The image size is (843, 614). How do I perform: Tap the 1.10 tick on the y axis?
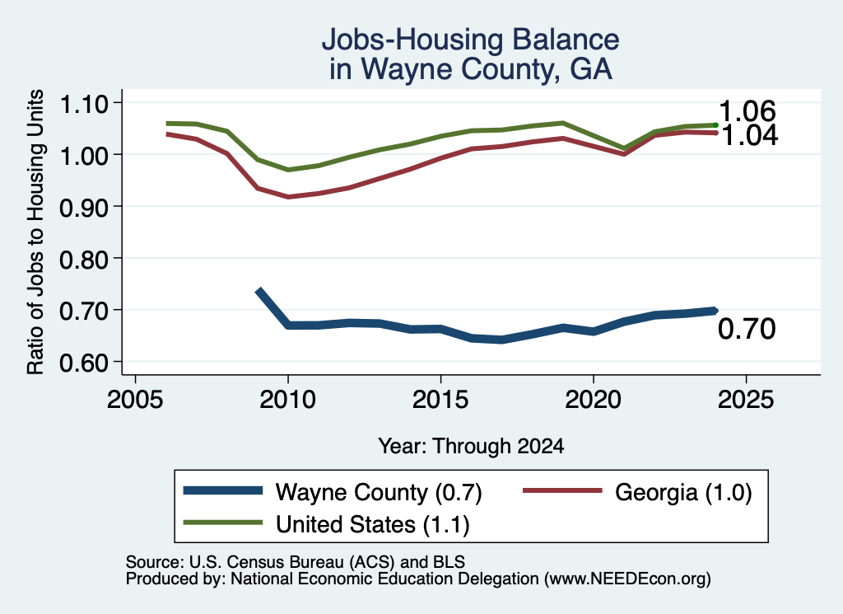tap(84, 104)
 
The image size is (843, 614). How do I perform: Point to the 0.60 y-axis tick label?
tap(84, 363)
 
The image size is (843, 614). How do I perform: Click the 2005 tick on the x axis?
tap(136, 399)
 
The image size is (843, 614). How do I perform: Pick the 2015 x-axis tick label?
tap(440, 399)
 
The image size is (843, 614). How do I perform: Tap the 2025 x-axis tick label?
tap(746, 399)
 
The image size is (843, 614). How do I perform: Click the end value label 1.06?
tap(748, 111)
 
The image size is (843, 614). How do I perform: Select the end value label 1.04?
tap(749, 135)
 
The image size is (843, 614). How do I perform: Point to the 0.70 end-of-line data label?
tap(747, 329)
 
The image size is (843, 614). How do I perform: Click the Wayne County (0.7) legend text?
tap(379, 492)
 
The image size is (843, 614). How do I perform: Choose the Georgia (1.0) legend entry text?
tap(683, 492)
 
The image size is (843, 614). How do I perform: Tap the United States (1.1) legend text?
tap(373, 525)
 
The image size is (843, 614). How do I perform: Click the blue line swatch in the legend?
tap(223, 490)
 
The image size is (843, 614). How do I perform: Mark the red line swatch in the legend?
tap(562, 490)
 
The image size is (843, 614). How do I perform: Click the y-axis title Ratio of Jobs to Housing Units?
tap(35, 232)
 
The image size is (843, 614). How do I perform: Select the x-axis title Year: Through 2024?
tap(471, 446)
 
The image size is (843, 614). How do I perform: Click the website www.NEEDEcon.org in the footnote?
tap(627, 579)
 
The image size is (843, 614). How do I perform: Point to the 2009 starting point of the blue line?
tap(258, 292)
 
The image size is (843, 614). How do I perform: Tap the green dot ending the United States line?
tap(715, 124)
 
